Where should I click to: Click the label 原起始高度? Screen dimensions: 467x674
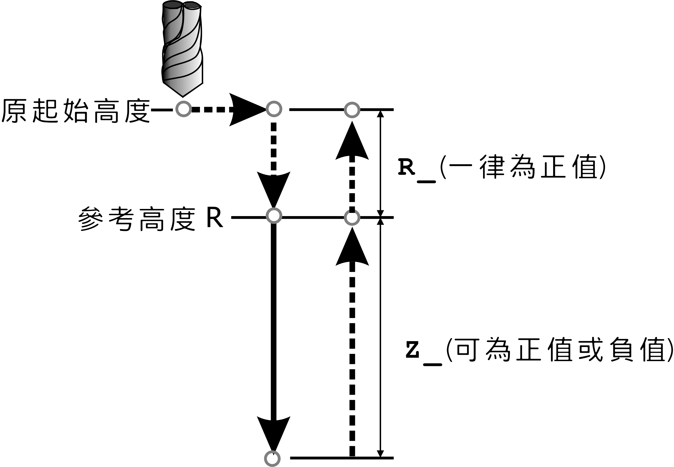tap(75, 111)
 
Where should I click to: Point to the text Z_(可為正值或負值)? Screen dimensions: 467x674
tap(539, 350)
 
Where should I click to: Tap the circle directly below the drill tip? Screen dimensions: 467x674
tap(183, 109)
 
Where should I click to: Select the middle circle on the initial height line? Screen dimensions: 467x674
tap(274, 109)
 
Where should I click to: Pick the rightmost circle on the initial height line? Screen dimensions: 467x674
tap(352, 110)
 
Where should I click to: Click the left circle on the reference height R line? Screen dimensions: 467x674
tap(274, 216)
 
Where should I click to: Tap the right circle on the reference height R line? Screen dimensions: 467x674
tap(352, 217)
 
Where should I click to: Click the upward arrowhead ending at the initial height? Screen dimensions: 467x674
tap(352, 142)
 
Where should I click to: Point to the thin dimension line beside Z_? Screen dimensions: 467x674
tap(380, 336)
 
